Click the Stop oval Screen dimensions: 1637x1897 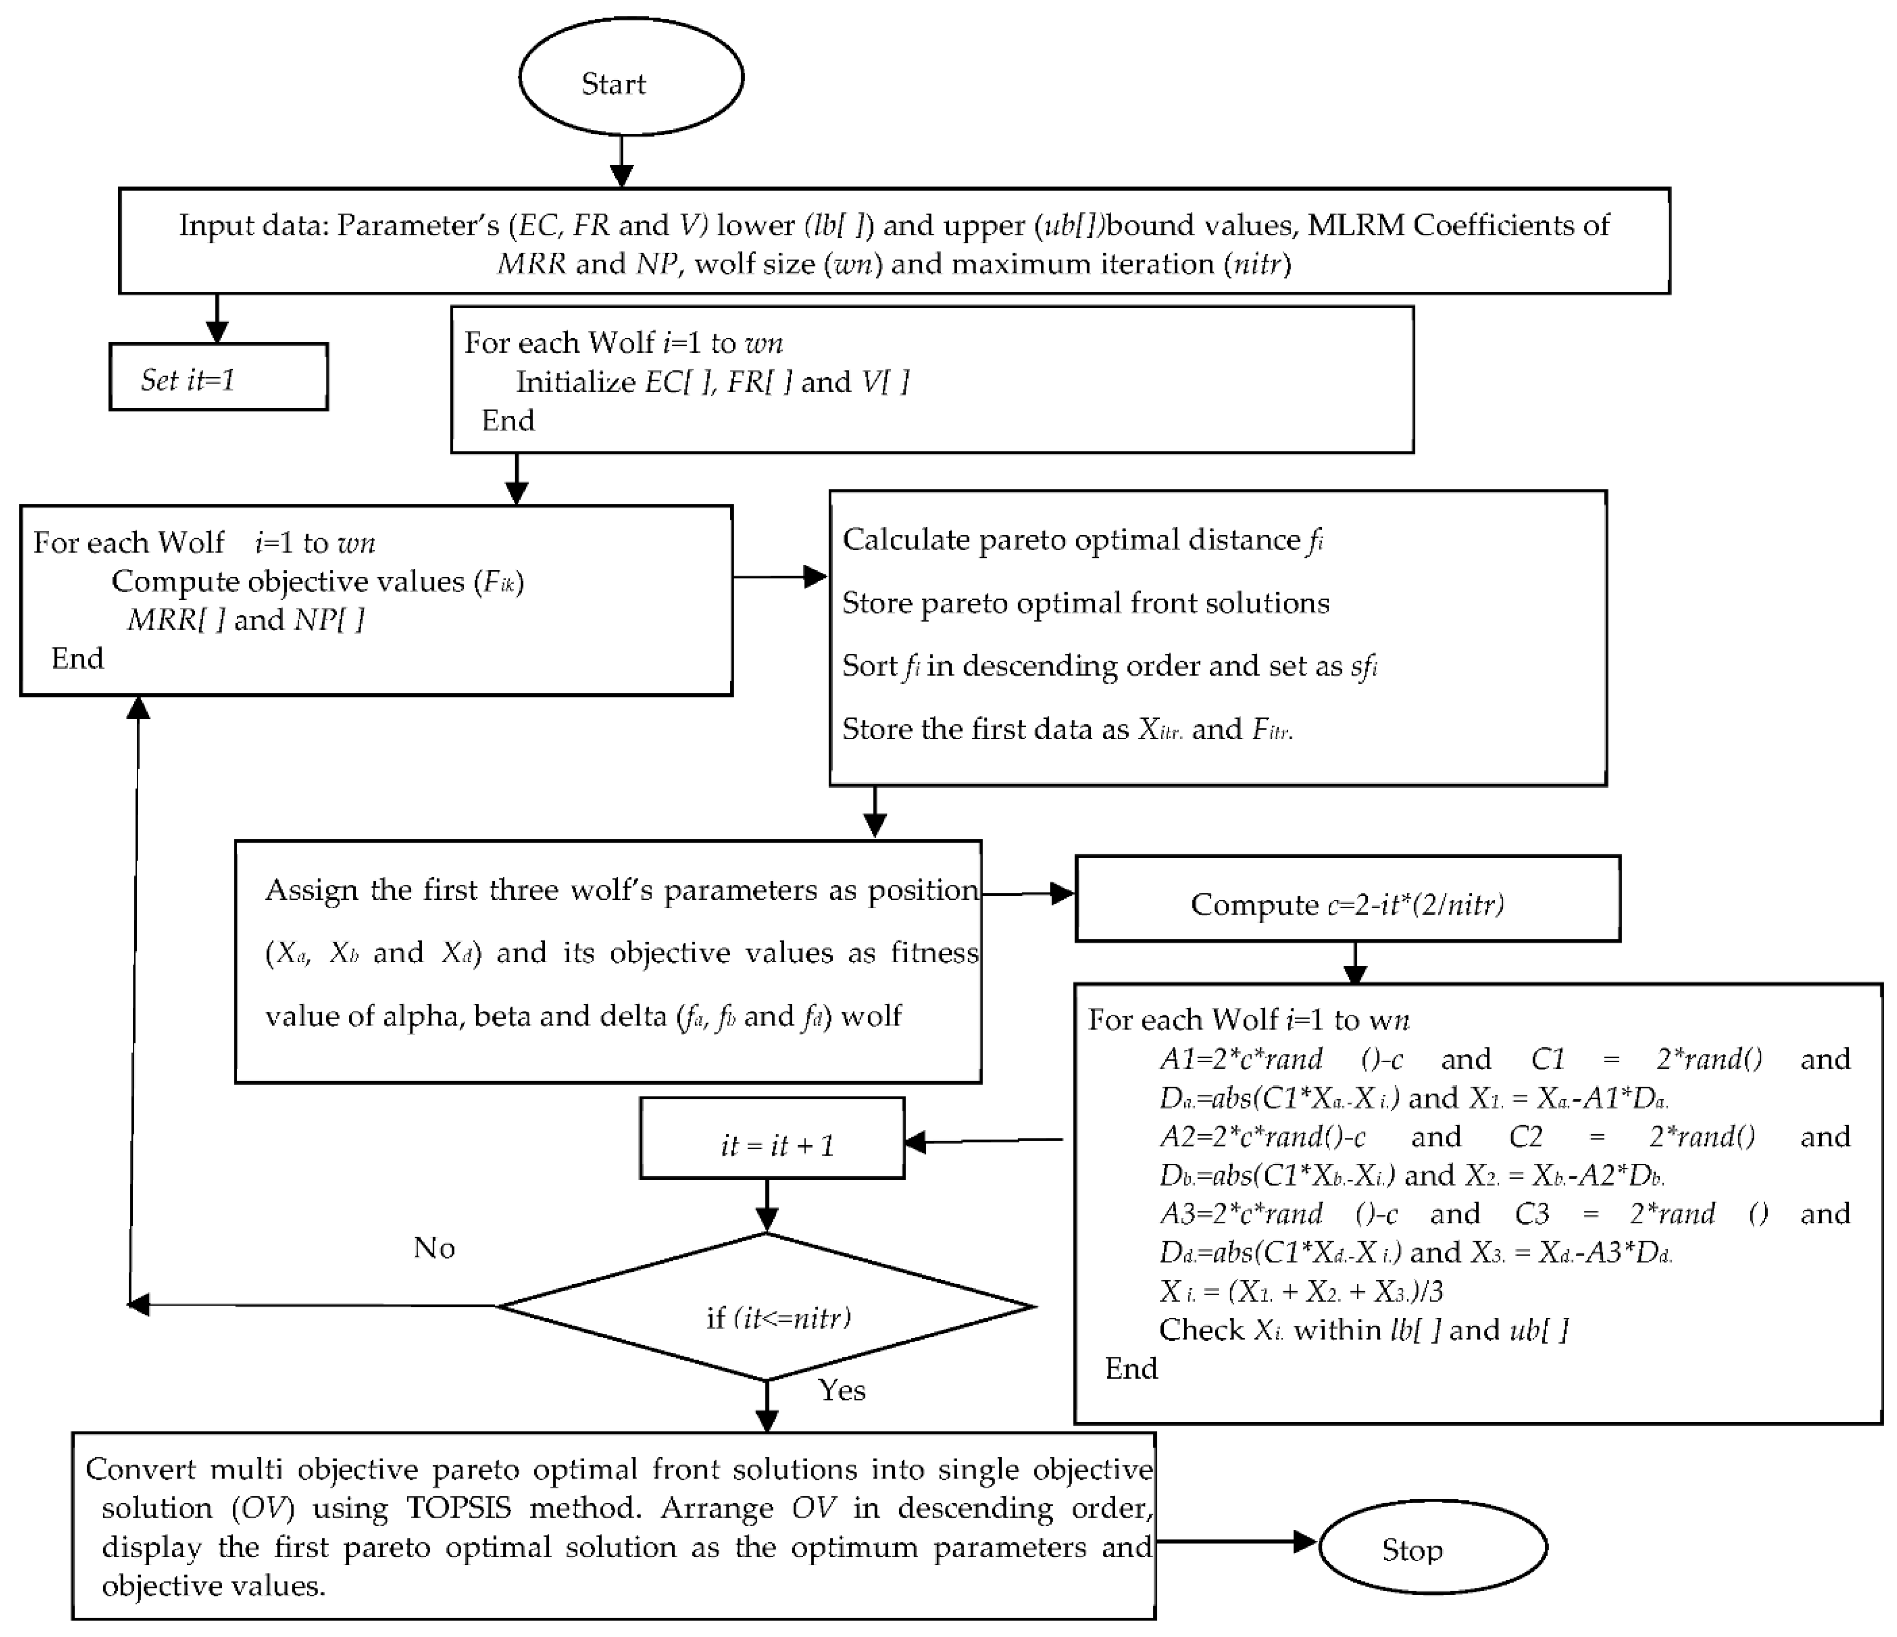(1432, 1549)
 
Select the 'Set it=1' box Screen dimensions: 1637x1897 (218, 377)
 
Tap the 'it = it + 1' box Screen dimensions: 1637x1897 (772, 1139)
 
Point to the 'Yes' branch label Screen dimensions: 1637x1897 (841, 1391)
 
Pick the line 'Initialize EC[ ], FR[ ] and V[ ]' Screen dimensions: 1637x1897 (711, 382)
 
